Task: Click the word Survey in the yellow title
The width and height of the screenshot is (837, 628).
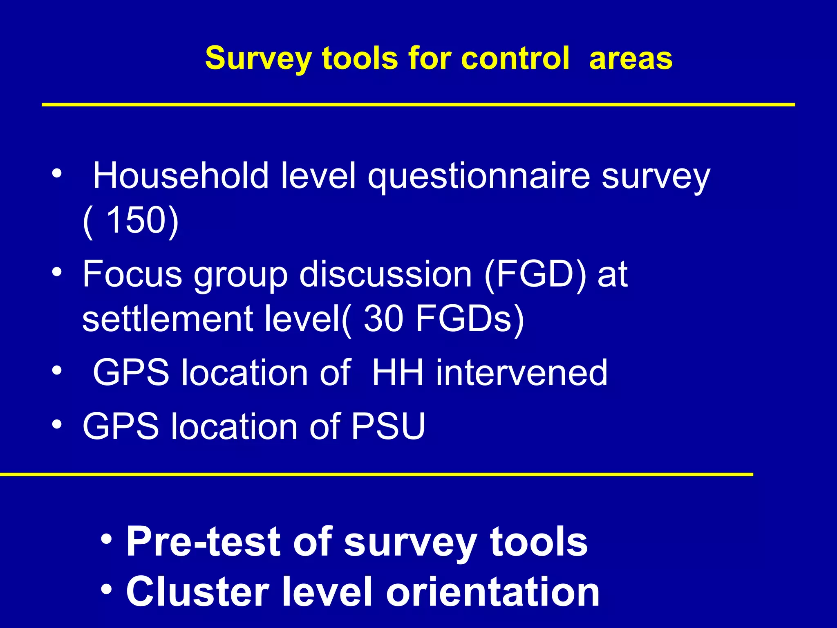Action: pos(258,58)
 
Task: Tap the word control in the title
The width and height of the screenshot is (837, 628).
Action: pos(515,58)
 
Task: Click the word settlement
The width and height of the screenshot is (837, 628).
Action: pos(167,318)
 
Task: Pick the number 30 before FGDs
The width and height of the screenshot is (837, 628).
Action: pos(383,318)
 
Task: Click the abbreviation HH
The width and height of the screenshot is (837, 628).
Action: pos(397,372)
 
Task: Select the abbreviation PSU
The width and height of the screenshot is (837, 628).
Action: pos(388,426)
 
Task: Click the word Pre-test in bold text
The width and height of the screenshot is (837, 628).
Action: pos(203,541)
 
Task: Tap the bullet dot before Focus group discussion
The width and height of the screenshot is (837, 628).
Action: pos(57,272)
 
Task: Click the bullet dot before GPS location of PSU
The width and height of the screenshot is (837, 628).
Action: pos(57,424)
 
